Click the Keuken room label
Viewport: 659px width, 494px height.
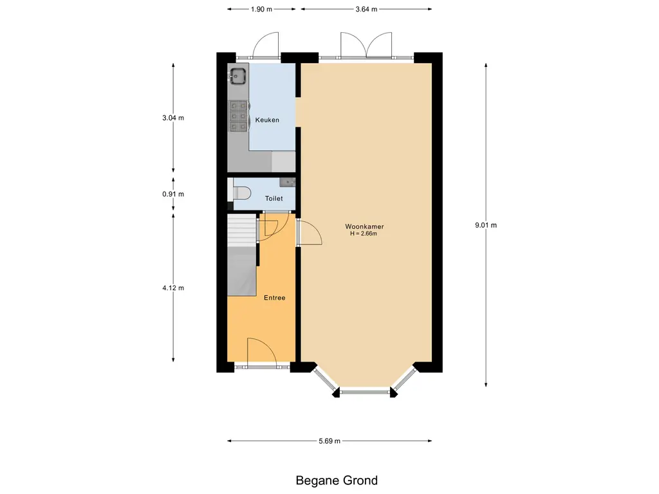[267, 120]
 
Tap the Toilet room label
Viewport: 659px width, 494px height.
[274, 198]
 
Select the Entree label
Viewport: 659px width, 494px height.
[274, 298]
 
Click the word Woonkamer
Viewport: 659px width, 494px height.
[364, 226]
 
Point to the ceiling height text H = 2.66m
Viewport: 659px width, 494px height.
[364, 233]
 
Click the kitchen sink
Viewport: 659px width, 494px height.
[238, 77]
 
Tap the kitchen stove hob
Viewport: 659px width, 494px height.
[238, 116]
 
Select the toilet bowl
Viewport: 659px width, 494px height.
[242, 194]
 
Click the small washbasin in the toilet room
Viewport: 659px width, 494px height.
[288, 182]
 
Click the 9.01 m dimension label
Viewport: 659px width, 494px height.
[486, 225]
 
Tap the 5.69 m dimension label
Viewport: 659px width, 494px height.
[329, 441]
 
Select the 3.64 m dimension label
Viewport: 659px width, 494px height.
[366, 9]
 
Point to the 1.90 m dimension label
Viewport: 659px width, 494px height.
[261, 9]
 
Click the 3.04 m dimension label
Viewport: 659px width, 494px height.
[173, 118]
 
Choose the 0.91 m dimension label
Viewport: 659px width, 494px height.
[173, 194]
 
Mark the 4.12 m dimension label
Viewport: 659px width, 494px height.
[173, 288]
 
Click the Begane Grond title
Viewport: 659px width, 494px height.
[337, 480]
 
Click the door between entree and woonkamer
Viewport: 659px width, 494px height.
[310, 232]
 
